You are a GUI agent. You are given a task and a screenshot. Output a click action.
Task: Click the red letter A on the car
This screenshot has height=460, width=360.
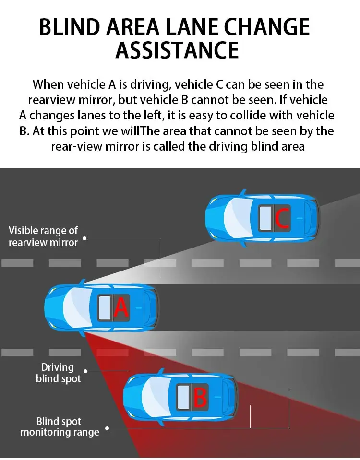tap(121, 307)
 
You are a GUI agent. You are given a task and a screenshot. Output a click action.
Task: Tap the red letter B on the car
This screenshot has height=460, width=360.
tap(200, 398)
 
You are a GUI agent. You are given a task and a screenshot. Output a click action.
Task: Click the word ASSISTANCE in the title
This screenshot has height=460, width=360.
tap(177, 49)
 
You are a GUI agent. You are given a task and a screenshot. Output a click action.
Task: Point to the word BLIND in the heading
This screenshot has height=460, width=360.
tap(71, 27)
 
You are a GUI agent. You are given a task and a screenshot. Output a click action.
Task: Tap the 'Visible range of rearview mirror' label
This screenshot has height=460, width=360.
tap(43, 236)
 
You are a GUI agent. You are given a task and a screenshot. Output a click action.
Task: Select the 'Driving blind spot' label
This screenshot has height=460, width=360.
tap(58, 373)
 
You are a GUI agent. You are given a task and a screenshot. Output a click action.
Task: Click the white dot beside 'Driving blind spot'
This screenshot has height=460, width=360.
tap(86, 371)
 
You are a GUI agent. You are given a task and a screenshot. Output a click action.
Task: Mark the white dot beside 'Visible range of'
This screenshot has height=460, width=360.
tap(84, 237)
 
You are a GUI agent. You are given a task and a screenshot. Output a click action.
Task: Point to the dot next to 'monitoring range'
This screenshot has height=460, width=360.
tap(107, 428)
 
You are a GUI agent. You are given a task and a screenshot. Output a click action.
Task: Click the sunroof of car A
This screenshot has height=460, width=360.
tap(105, 308)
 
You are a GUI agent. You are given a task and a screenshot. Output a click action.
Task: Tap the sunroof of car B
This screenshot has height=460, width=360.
tap(183, 398)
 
